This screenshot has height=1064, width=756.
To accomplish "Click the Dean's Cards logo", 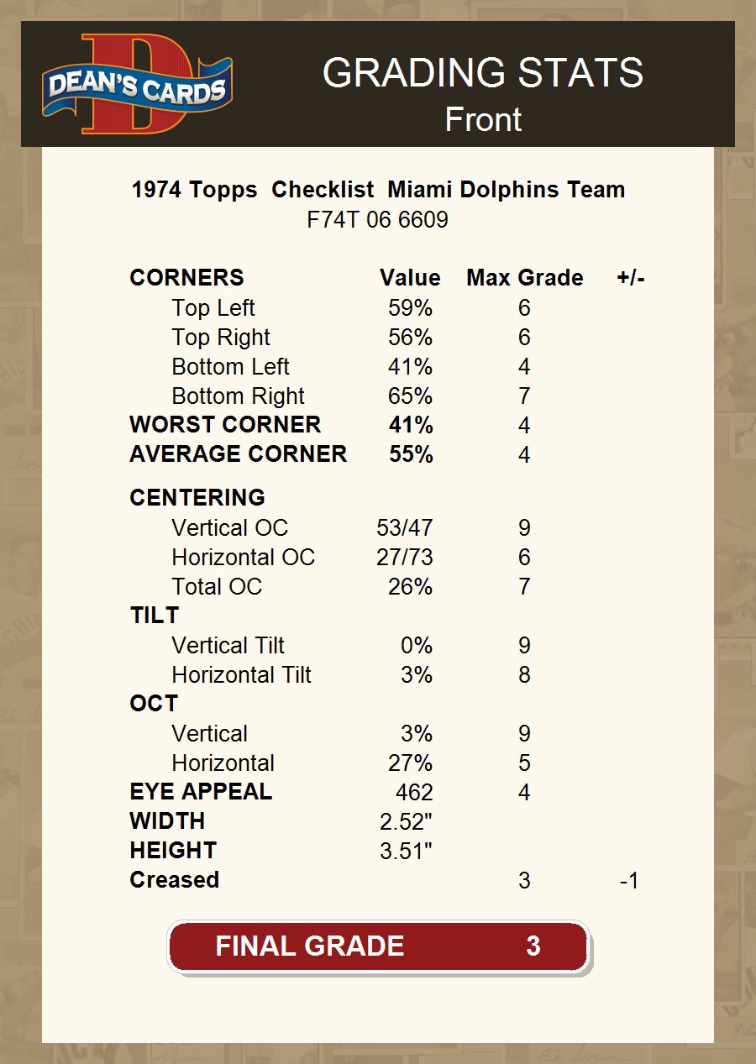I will click(138, 85).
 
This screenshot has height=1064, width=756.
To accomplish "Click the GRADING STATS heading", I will click(483, 73).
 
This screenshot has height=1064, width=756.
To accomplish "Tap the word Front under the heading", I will click(483, 119).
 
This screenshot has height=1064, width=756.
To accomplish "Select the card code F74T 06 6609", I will click(377, 220).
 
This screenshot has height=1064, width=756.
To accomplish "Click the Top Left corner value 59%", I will click(410, 308).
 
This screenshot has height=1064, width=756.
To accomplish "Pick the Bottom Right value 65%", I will click(410, 396).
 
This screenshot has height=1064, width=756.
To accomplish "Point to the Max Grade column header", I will click(524, 278).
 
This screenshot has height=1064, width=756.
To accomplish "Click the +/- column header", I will click(630, 278).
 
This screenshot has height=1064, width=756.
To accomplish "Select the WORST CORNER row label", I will click(225, 425).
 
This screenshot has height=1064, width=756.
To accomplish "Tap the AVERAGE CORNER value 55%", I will click(411, 454).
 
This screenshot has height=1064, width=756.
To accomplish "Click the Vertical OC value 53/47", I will click(405, 528).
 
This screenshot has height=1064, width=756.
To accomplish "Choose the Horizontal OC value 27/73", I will click(405, 558).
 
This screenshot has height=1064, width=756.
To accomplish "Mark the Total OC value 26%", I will click(410, 587).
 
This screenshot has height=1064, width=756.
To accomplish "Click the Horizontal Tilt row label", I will click(241, 675).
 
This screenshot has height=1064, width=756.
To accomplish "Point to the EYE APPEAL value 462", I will click(414, 793).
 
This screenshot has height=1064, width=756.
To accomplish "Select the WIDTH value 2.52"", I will click(406, 822).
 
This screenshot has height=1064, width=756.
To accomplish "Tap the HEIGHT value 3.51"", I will click(406, 852).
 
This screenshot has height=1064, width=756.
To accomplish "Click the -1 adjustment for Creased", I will click(628, 881).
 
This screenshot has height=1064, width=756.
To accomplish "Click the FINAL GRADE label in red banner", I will click(309, 946).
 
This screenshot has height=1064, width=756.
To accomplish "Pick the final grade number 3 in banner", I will click(533, 946).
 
